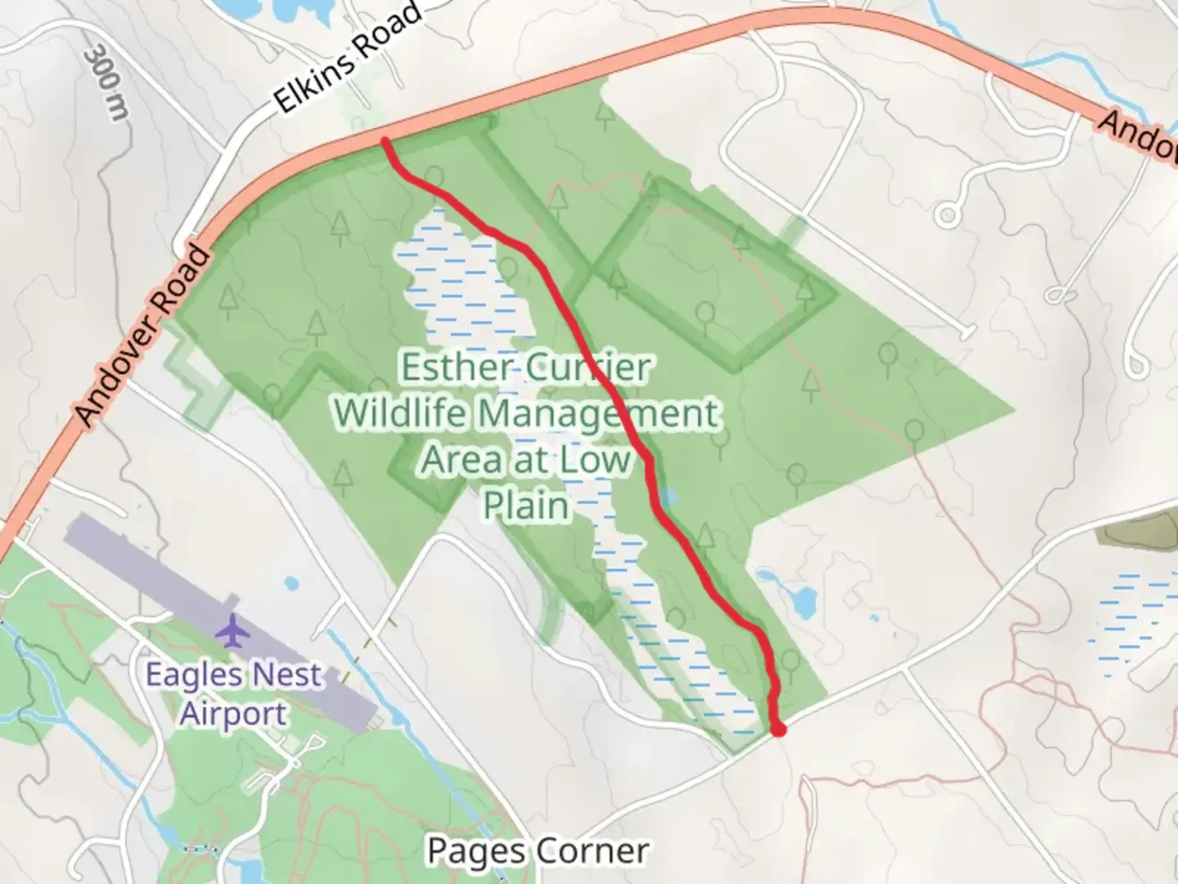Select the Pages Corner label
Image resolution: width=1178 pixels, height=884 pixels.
pyautogui.click(x=537, y=851)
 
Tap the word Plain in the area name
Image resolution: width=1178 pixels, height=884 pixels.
pyautogui.click(x=525, y=505)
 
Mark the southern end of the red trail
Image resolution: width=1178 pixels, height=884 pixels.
pyautogui.click(x=779, y=729)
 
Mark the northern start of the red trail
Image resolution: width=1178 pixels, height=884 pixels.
pyautogui.click(x=384, y=142)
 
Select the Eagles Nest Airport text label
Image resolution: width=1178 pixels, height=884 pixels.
pyautogui.click(x=234, y=694)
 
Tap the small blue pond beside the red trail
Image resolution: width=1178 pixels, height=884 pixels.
pyautogui.click(x=669, y=497)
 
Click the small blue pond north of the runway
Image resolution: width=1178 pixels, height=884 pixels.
pyautogui.click(x=290, y=584)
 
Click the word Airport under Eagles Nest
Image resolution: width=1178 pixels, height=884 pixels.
pyautogui.click(x=233, y=714)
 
